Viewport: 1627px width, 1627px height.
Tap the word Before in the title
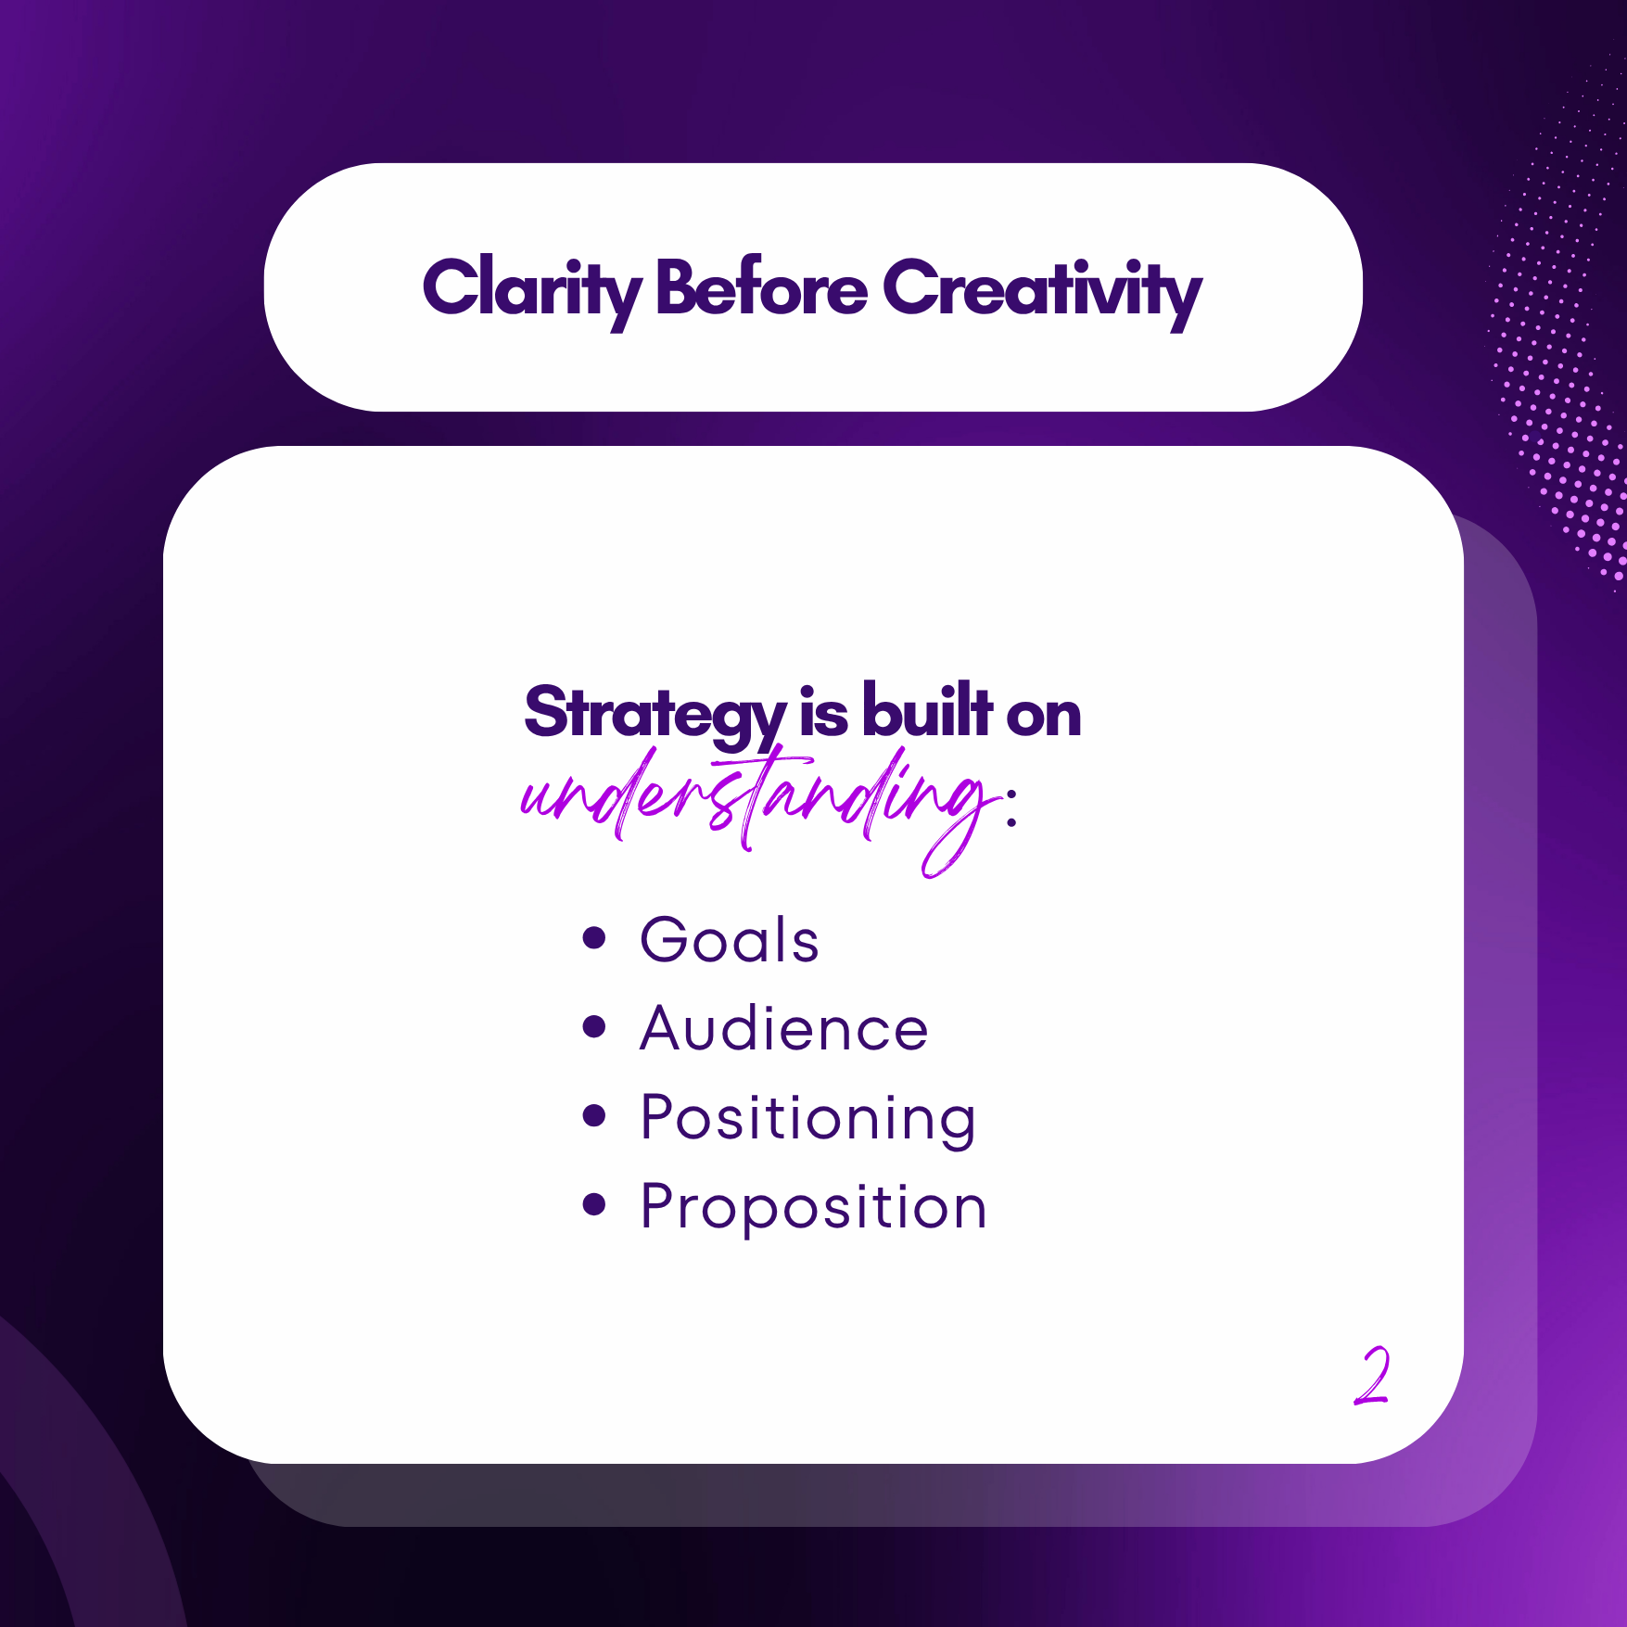(761, 286)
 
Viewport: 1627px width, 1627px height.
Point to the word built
(927, 710)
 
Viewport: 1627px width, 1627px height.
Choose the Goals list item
(730, 940)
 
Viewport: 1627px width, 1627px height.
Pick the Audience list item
(784, 1028)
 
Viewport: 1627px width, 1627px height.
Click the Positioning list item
(808, 1119)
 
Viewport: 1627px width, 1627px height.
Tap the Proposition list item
(814, 1208)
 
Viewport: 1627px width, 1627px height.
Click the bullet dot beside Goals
(594, 937)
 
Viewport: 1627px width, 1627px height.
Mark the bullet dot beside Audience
(594, 1026)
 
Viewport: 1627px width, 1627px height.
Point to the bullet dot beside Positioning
(594, 1115)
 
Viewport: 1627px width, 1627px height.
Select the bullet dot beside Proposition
(594, 1204)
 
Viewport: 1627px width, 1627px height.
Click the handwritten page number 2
(1372, 1376)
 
